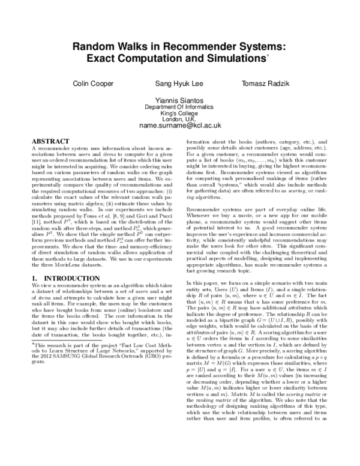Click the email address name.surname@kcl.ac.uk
click(180, 126)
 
